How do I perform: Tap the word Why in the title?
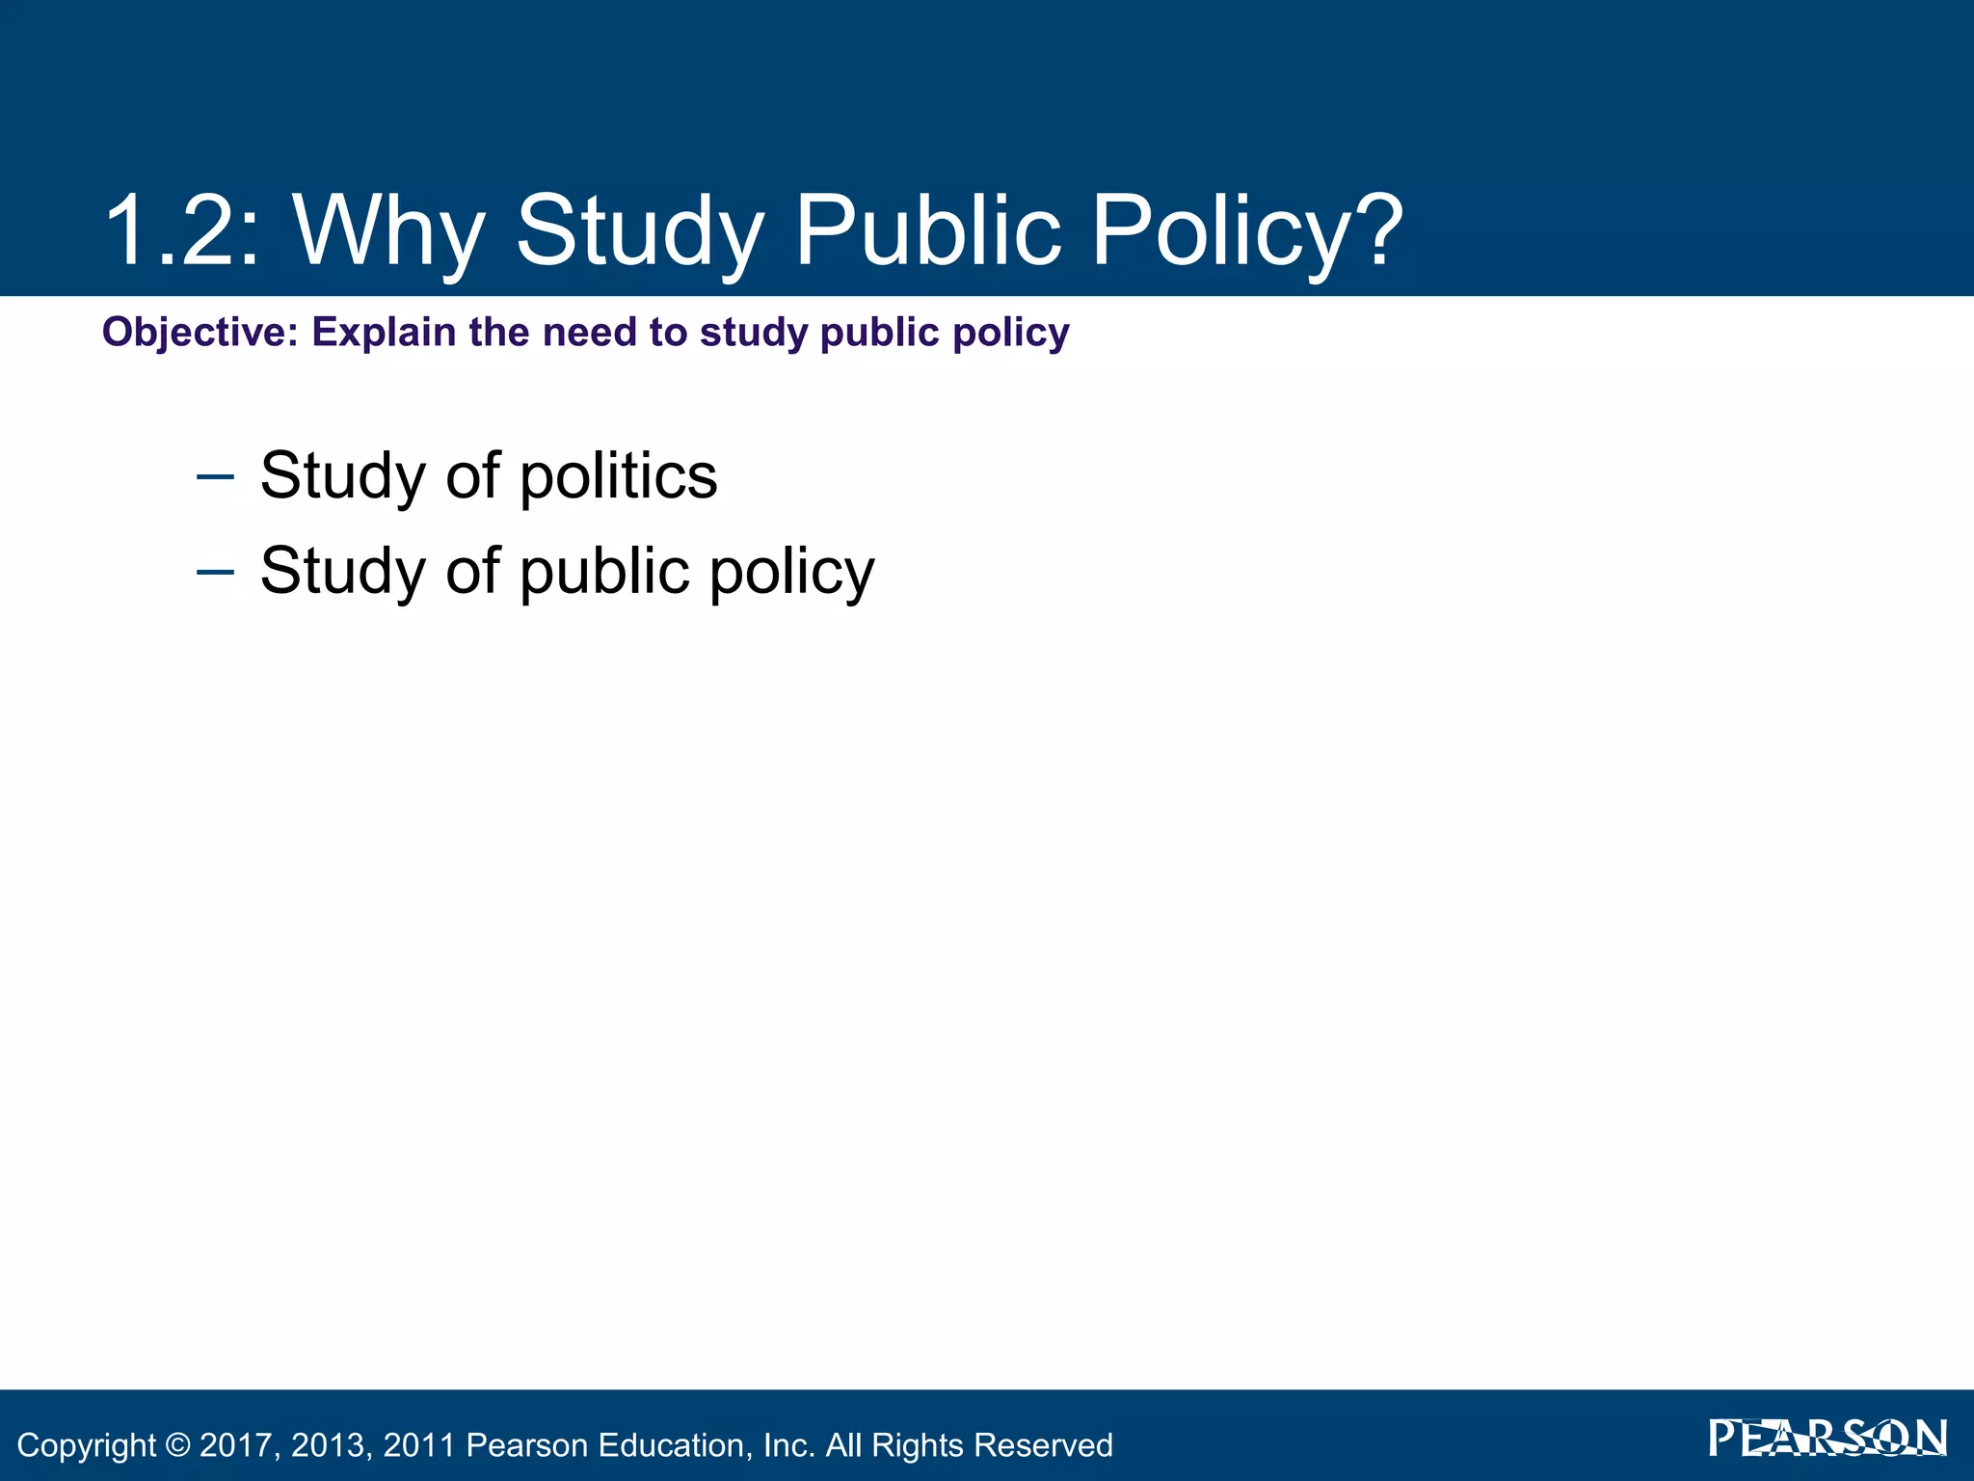[x=387, y=231]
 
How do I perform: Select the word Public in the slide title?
[x=927, y=231]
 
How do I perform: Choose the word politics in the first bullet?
[x=619, y=476]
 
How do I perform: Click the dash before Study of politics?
[x=214, y=476]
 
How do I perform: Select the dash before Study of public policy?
[x=214, y=572]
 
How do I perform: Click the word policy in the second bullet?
[x=792, y=572]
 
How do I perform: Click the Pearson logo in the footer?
[x=1827, y=1439]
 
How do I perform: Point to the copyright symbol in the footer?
[x=177, y=1445]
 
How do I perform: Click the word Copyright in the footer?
[x=87, y=1445]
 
